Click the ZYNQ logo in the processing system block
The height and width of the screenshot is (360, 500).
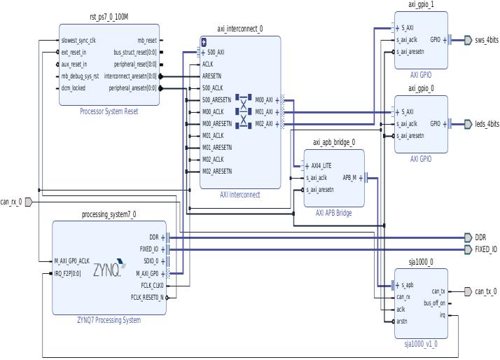(x=109, y=265)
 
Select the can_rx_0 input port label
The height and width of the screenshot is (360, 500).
(x=11, y=202)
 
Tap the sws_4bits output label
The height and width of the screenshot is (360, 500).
(x=487, y=40)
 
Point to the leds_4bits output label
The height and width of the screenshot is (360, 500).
(x=487, y=124)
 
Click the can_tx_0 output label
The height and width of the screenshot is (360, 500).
(x=485, y=291)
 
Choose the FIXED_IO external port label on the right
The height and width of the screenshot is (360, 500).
(x=485, y=249)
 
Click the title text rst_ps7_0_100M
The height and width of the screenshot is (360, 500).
(x=109, y=17)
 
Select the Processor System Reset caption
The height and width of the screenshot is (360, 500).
(x=109, y=111)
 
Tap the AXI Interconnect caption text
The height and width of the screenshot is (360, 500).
(x=239, y=195)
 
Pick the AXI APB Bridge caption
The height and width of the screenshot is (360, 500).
(x=333, y=213)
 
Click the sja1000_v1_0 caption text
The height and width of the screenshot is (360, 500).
(x=420, y=344)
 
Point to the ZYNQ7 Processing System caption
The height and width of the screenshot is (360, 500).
(x=109, y=320)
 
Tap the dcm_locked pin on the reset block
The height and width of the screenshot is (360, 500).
(x=73, y=88)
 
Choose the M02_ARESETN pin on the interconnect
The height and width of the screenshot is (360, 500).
(x=217, y=171)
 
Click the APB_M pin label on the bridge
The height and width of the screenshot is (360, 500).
(x=349, y=178)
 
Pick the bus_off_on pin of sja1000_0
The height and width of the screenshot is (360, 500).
(x=433, y=303)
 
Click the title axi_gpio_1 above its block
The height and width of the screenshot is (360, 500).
(x=421, y=5)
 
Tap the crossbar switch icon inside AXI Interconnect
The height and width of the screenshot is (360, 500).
(x=244, y=111)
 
